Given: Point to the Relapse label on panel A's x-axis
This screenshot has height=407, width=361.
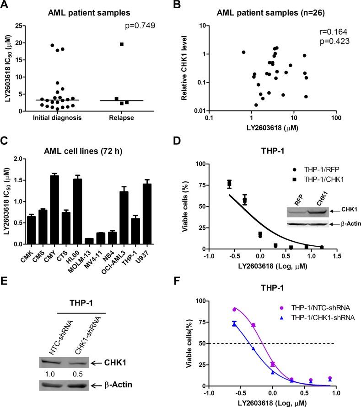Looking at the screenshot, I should (x=121, y=120).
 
